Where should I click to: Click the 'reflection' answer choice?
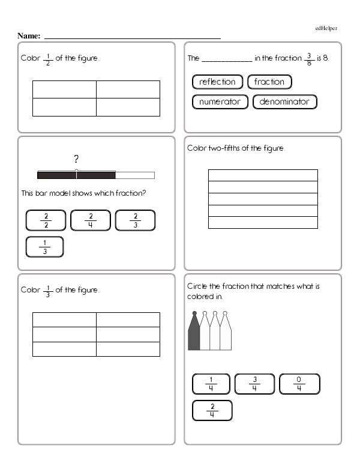(x=217, y=82)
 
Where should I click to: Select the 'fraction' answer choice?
(x=269, y=82)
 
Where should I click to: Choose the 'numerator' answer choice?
(x=220, y=101)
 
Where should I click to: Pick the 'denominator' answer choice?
(x=284, y=101)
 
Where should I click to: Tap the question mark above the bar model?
(x=76, y=159)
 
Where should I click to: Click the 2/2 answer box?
(x=46, y=220)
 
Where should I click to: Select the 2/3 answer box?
(x=135, y=220)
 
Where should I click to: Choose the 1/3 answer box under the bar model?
(x=45, y=247)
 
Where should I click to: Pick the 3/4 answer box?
(x=254, y=384)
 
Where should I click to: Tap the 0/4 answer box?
(x=299, y=384)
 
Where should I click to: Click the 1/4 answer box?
(x=211, y=384)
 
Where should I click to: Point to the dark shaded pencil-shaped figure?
(x=194, y=333)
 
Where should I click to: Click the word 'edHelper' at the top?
(x=326, y=28)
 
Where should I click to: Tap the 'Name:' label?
(x=29, y=36)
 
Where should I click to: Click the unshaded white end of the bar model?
(x=134, y=175)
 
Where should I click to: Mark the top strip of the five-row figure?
(x=263, y=175)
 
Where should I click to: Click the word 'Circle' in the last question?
(x=197, y=286)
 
